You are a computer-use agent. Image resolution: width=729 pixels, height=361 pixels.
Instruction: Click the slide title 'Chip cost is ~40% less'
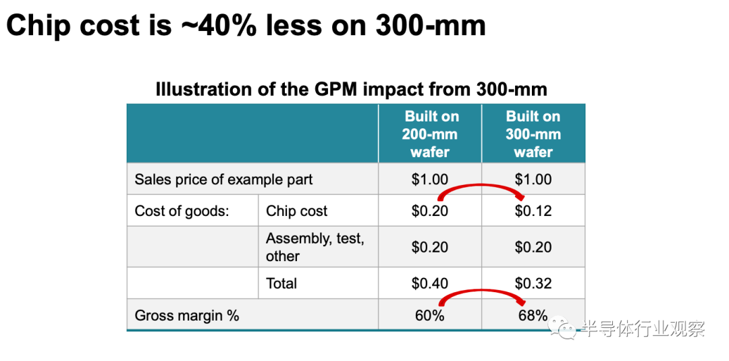(246, 26)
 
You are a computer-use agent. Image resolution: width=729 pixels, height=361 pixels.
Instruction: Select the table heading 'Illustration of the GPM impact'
(351, 89)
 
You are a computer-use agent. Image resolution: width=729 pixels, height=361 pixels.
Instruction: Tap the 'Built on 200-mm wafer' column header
(430, 134)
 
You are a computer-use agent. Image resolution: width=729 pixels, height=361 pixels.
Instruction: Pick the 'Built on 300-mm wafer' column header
(533, 134)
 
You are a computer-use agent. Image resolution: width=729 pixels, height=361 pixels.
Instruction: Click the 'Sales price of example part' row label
(223, 179)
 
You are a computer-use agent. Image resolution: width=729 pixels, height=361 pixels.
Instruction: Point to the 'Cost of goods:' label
(182, 211)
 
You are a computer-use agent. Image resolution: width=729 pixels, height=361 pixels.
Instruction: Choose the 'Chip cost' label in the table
(296, 211)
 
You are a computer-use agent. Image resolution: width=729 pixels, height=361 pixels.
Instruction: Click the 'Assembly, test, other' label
(315, 247)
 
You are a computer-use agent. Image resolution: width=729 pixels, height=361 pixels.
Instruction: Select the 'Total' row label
(281, 283)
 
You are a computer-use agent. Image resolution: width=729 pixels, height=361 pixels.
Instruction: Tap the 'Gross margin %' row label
(187, 315)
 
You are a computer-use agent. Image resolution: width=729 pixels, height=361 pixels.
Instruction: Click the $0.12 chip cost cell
(533, 211)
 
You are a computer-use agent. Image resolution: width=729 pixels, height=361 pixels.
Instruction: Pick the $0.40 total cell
(430, 283)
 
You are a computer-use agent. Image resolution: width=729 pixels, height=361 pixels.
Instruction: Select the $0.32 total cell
(533, 283)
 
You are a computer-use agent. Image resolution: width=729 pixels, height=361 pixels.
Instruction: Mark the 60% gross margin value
(430, 315)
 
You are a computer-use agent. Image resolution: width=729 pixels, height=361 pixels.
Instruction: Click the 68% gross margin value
(533, 315)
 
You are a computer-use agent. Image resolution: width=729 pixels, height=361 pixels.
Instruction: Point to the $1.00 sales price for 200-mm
(430, 179)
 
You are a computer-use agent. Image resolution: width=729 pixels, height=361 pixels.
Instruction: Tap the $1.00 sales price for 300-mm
(533, 179)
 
